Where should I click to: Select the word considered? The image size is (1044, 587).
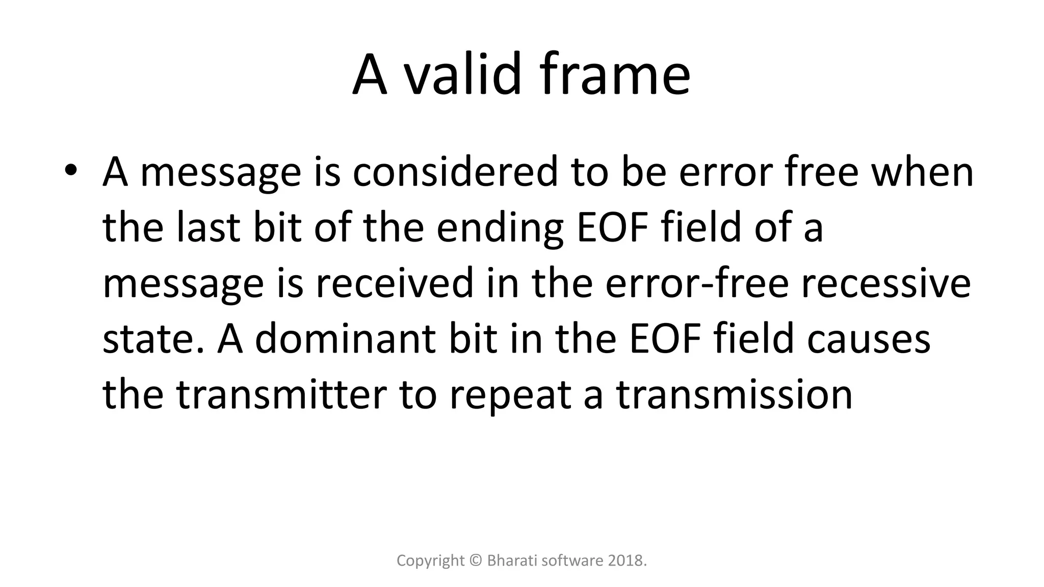coord(455,172)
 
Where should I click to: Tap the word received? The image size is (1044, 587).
coord(394,283)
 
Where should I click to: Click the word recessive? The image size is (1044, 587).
coord(885,283)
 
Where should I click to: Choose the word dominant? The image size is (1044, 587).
coord(345,339)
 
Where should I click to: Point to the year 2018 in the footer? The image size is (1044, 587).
coord(627,561)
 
